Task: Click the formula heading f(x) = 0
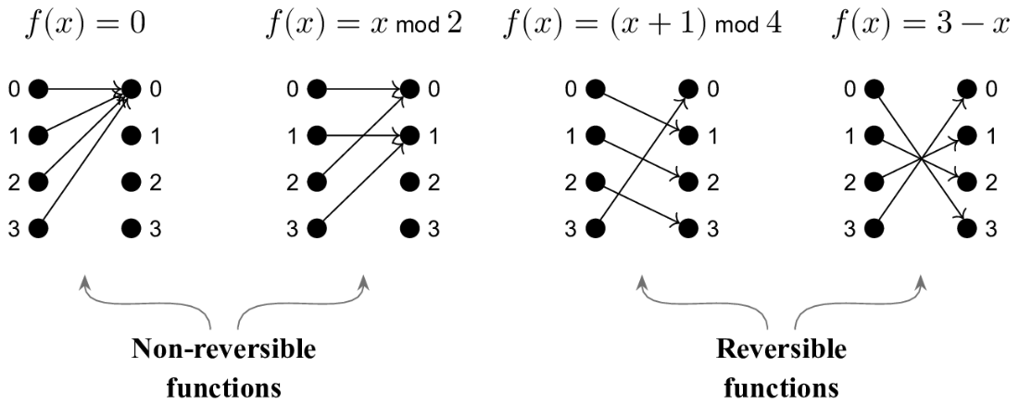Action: tap(84, 25)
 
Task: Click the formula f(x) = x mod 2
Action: tap(364, 25)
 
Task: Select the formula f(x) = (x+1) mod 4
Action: tap(643, 25)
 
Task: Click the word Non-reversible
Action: tap(223, 349)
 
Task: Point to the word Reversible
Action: tap(781, 349)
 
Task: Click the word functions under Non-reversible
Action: tap(223, 388)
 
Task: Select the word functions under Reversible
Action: tap(781, 388)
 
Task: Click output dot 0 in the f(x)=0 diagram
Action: tap(131, 88)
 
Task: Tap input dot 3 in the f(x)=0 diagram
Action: tap(38, 228)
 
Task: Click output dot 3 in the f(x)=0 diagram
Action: tap(131, 228)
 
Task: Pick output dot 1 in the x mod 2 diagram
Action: tap(409, 136)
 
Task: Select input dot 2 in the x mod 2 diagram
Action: tap(317, 182)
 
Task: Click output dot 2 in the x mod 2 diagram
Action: tap(409, 182)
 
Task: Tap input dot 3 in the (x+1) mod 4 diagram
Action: tap(596, 228)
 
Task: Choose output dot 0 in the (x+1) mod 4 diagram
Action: tap(688, 88)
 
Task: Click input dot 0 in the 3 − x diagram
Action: tap(874, 88)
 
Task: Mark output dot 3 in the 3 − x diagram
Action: tap(967, 228)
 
